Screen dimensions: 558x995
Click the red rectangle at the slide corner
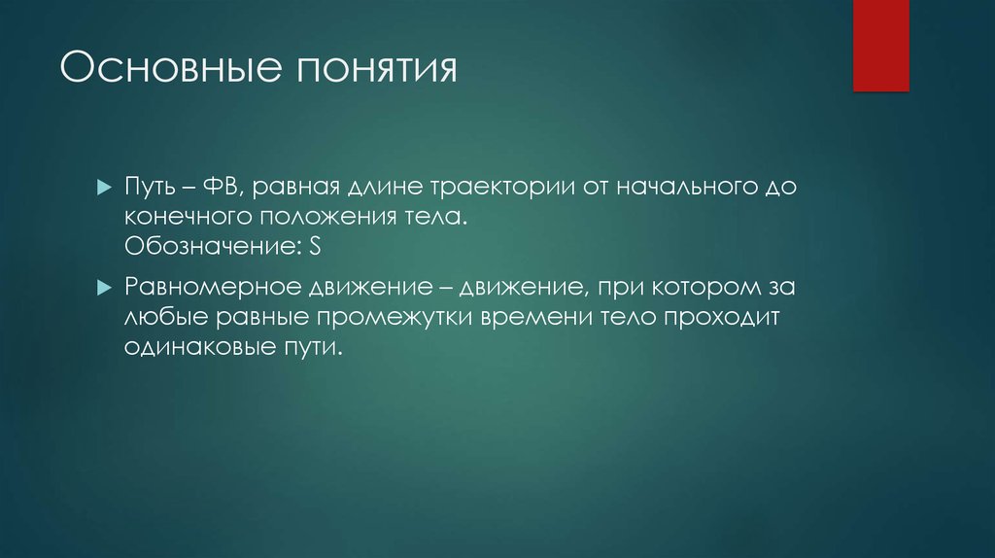pyautogui.click(x=880, y=45)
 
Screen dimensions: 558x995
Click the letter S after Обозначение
pyautogui.click(x=315, y=247)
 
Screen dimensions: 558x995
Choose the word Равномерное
pyautogui.click(x=211, y=289)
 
